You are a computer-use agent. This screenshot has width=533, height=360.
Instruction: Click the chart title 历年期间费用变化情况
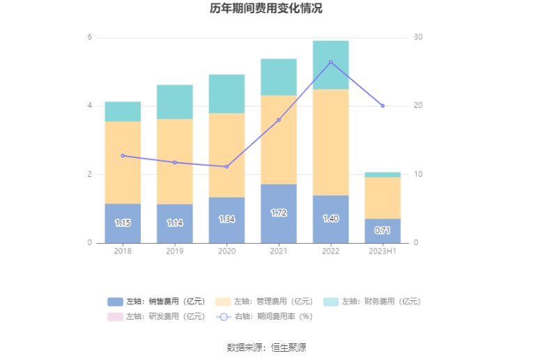(x=266, y=9)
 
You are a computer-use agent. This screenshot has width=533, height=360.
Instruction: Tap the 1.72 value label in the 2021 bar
(x=279, y=212)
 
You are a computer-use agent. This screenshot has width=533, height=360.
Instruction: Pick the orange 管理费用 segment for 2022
(x=330, y=142)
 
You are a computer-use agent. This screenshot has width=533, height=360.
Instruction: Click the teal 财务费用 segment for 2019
(x=175, y=102)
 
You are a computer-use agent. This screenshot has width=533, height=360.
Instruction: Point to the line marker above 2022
(x=330, y=63)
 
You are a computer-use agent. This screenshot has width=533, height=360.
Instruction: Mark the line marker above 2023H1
(x=383, y=106)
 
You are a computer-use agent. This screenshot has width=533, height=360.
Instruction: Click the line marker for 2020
(x=226, y=166)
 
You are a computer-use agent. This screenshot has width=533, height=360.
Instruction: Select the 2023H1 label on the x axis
(x=383, y=251)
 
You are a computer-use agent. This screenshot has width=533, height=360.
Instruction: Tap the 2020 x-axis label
(x=226, y=251)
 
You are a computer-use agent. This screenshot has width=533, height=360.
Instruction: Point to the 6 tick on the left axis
(x=89, y=37)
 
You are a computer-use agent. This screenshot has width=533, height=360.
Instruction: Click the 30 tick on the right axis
(x=418, y=37)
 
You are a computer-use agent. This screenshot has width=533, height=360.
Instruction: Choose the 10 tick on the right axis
(x=418, y=174)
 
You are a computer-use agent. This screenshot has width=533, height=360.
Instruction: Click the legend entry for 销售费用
(x=157, y=302)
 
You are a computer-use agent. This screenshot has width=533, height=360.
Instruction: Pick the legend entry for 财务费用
(x=372, y=302)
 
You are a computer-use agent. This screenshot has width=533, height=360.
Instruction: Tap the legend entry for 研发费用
(x=157, y=316)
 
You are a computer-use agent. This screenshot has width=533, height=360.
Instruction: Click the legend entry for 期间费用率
(x=265, y=316)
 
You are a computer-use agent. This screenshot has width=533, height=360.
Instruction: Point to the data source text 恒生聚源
(x=288, y=347)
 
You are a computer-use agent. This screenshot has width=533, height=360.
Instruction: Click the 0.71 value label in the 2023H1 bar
(x=383, y=230)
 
